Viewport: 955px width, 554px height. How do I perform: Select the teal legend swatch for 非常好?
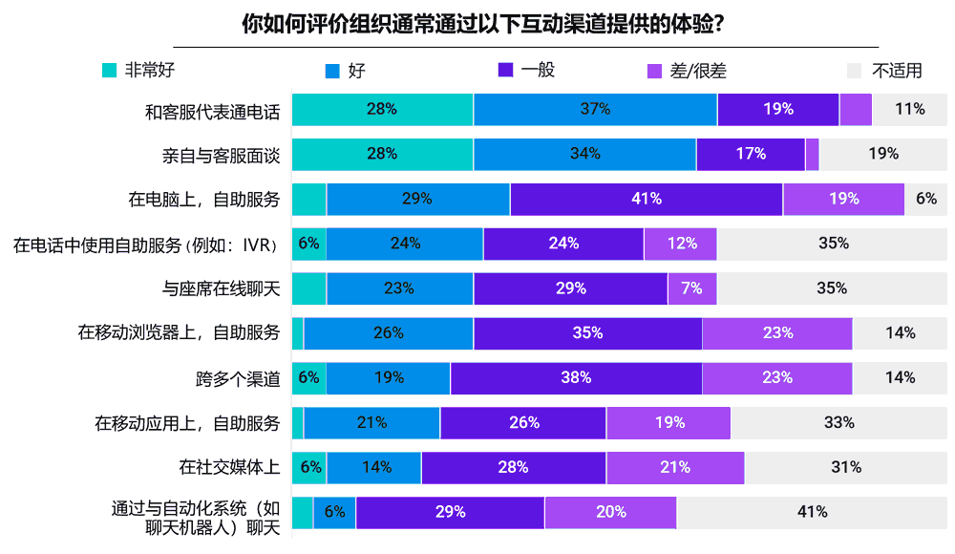(x=109, y=70)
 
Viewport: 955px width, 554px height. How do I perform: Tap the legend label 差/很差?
(x=698, y=71)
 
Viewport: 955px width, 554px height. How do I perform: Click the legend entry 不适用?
(x=897, y=71)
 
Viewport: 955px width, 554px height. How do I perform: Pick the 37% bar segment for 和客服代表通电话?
(x=595, y=109)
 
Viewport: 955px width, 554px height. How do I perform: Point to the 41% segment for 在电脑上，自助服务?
(x=647, y=199)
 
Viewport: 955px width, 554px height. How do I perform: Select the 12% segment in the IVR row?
(x=681, y=244)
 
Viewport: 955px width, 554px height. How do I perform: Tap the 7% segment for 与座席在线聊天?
(x=691, y=288)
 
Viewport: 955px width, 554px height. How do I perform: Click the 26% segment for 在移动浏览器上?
(x=389, y=333)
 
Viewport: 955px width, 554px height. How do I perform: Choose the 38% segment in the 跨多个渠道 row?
(x=576, y=377)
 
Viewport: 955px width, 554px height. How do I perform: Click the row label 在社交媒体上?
(x=229, y=467)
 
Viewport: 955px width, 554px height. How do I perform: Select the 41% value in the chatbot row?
(x=812, y=512)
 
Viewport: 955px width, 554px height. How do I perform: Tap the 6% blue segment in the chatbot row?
(x=334, y=512)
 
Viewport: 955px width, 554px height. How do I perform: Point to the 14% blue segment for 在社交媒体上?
(x=374, y=467)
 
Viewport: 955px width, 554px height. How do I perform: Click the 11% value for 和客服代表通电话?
(x=909, y=109)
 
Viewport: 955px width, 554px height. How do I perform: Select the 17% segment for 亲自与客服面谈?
(x=751, y=154)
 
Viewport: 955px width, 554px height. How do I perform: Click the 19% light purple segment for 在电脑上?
(x=843, y=199)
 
